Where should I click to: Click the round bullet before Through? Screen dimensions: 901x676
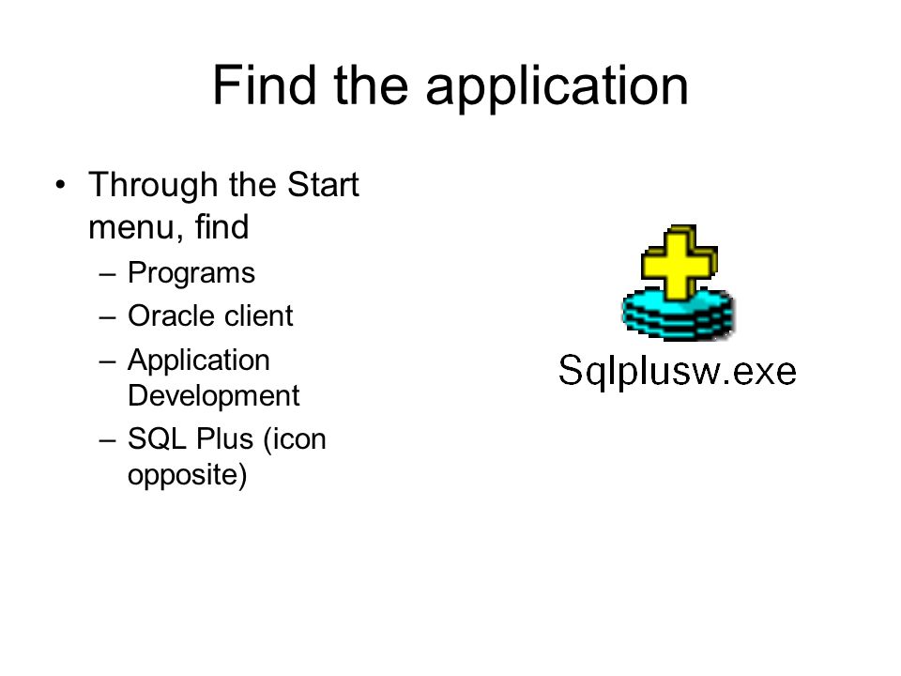(x=60, y=185)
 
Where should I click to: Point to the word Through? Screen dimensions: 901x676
(x=153, y=186)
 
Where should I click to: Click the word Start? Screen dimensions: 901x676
(x=322, y=185)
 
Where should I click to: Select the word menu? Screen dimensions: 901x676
(x=136, y=227)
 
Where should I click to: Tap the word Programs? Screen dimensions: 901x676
(x=191, y=273)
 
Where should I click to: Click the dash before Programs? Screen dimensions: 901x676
(x=107, y=275)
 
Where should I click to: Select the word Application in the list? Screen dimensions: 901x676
(x=199, y=361)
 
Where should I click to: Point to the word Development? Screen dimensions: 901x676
(x=213, y=396)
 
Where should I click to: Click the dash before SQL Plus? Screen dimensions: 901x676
(x=107, y=441)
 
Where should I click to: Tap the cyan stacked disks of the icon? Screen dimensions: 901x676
(x=678, y=315)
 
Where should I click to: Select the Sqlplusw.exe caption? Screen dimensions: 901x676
(x=678, y=372)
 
